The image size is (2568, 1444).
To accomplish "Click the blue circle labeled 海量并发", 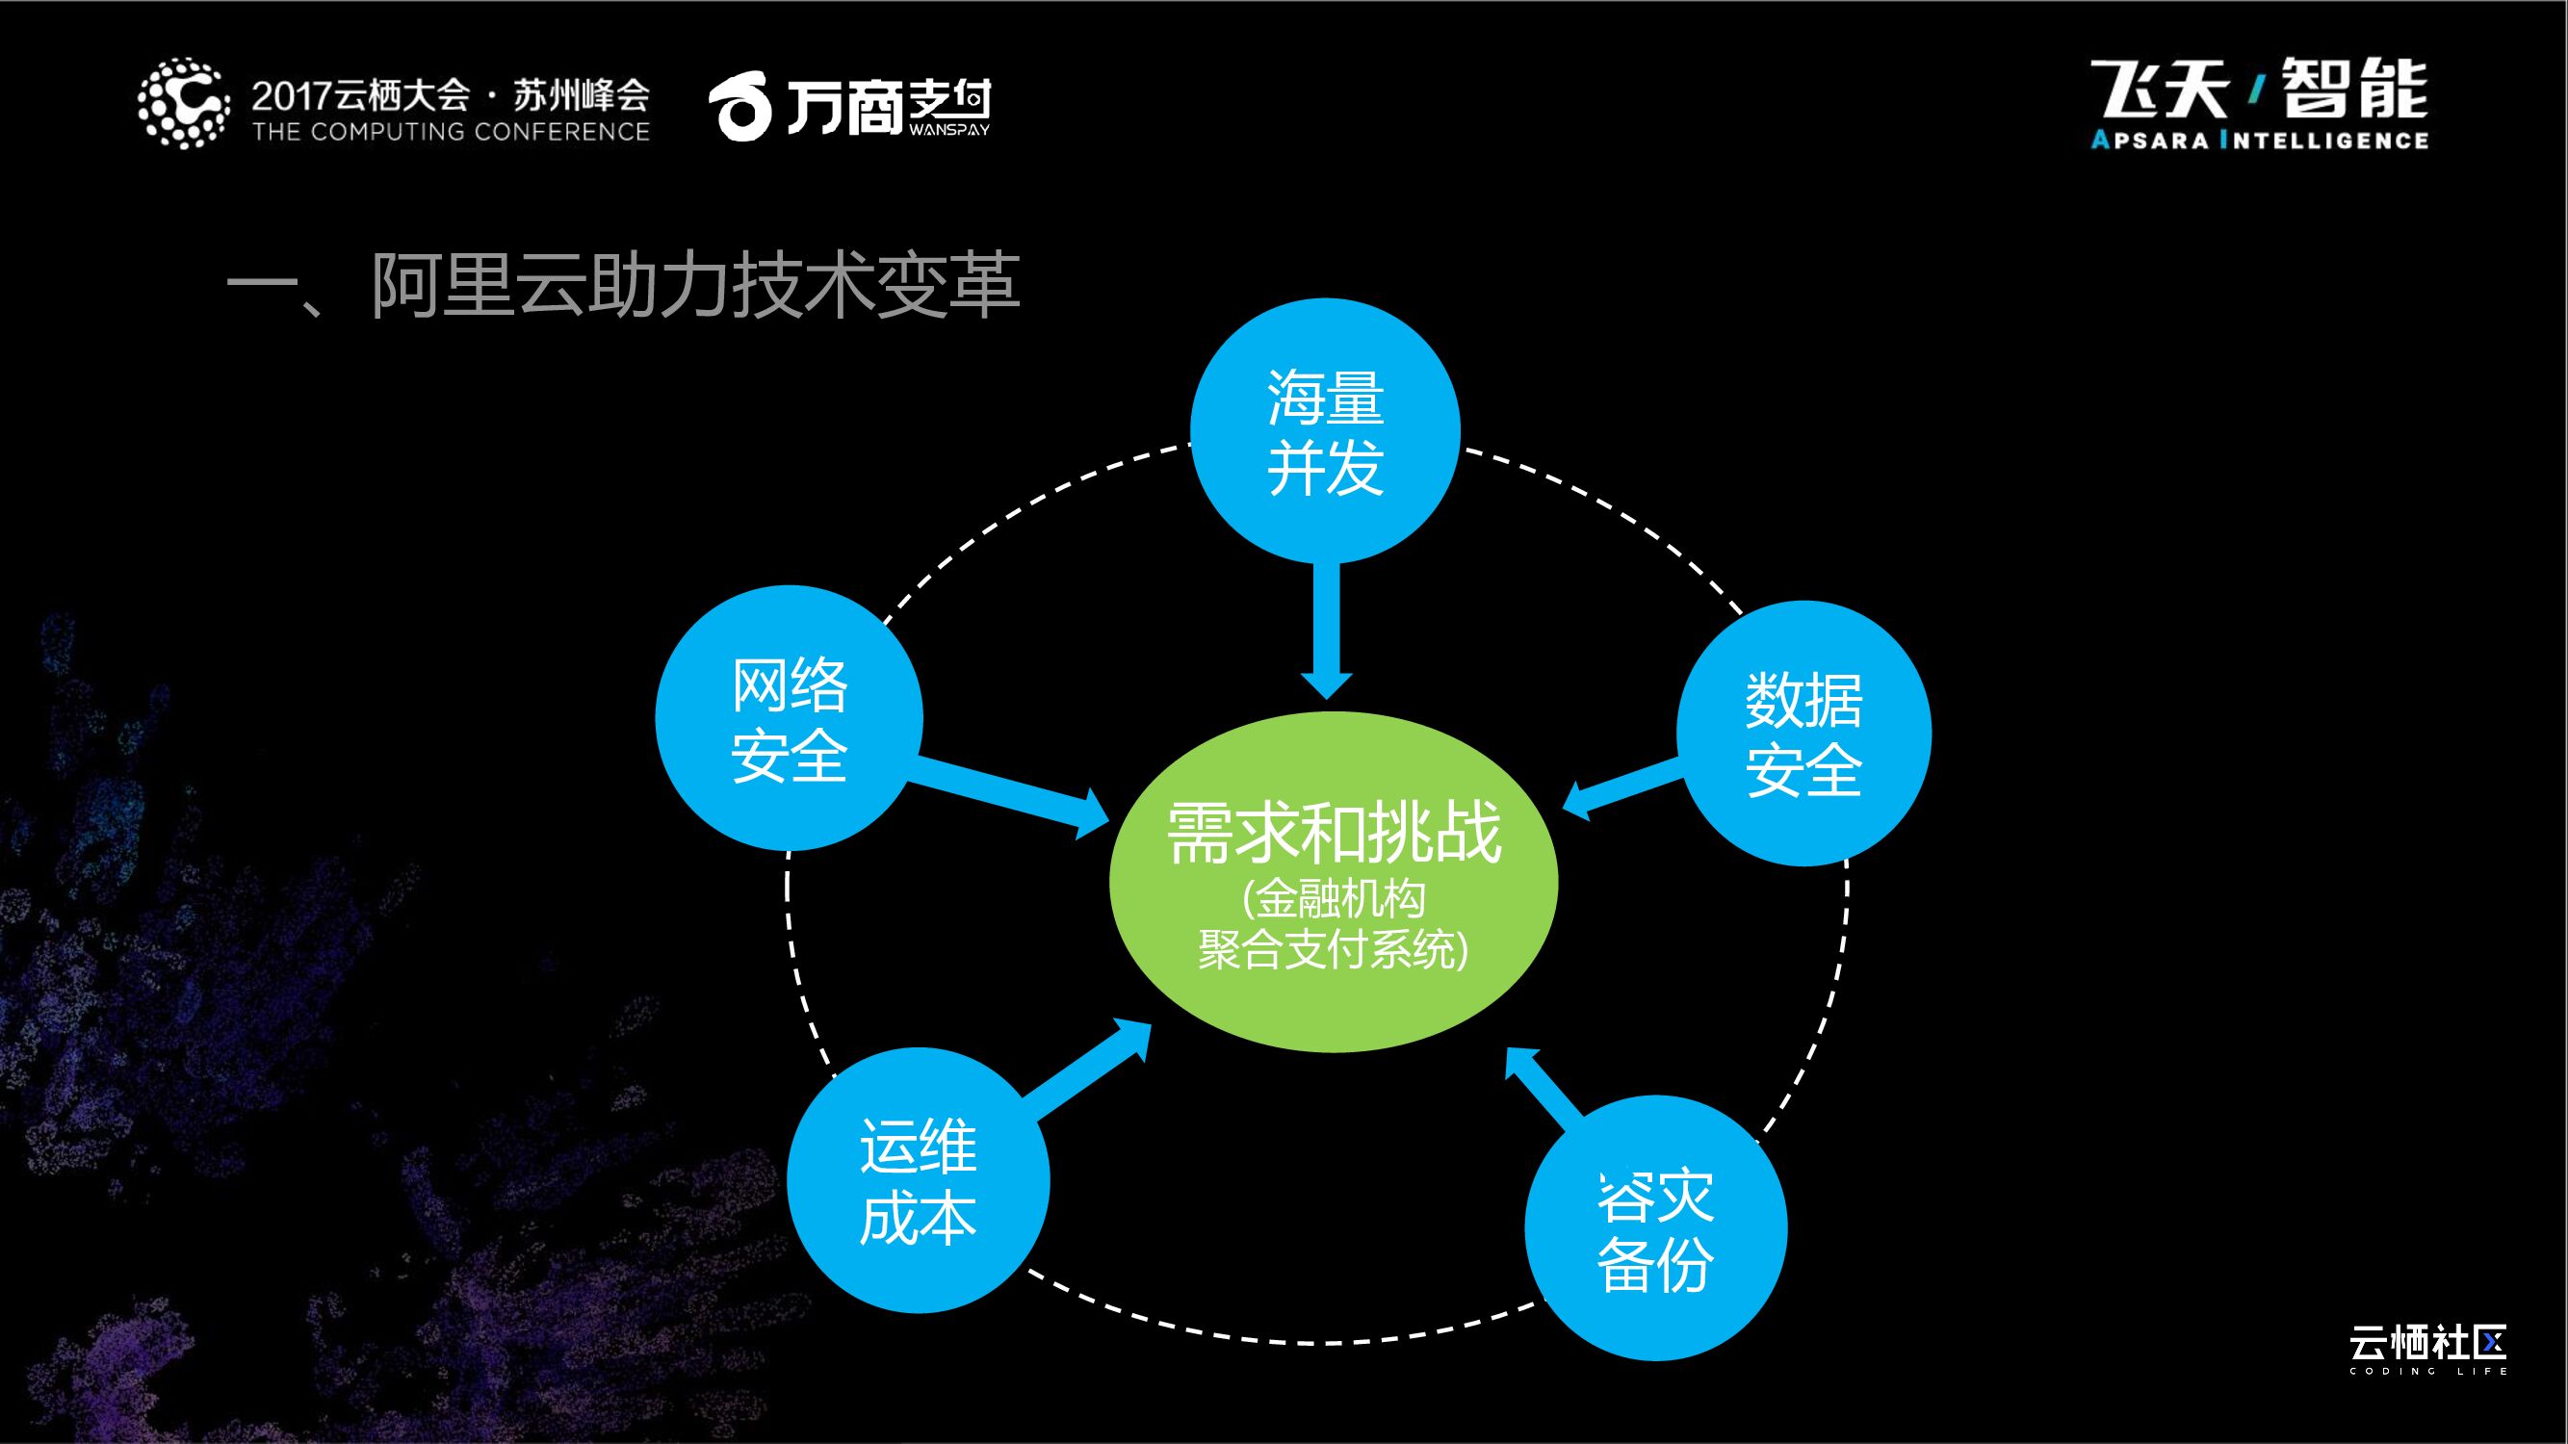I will click(x=1325, y=431).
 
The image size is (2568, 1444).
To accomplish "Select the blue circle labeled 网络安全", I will click(x=789, y=717).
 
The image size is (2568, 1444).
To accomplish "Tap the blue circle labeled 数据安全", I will click(x=1803, y=734).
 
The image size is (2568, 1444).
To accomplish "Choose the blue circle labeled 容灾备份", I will click(x=1655, y=1227).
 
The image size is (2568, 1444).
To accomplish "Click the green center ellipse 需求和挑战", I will click(x=1333, y=882).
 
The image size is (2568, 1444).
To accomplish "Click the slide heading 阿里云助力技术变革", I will click(x=623, y=287).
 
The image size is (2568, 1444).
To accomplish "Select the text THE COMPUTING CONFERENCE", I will click(x=451, y=132).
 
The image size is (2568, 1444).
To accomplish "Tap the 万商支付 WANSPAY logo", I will click(x=849, y=108).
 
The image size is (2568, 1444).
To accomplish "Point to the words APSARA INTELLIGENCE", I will click(x=2259, y=141).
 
